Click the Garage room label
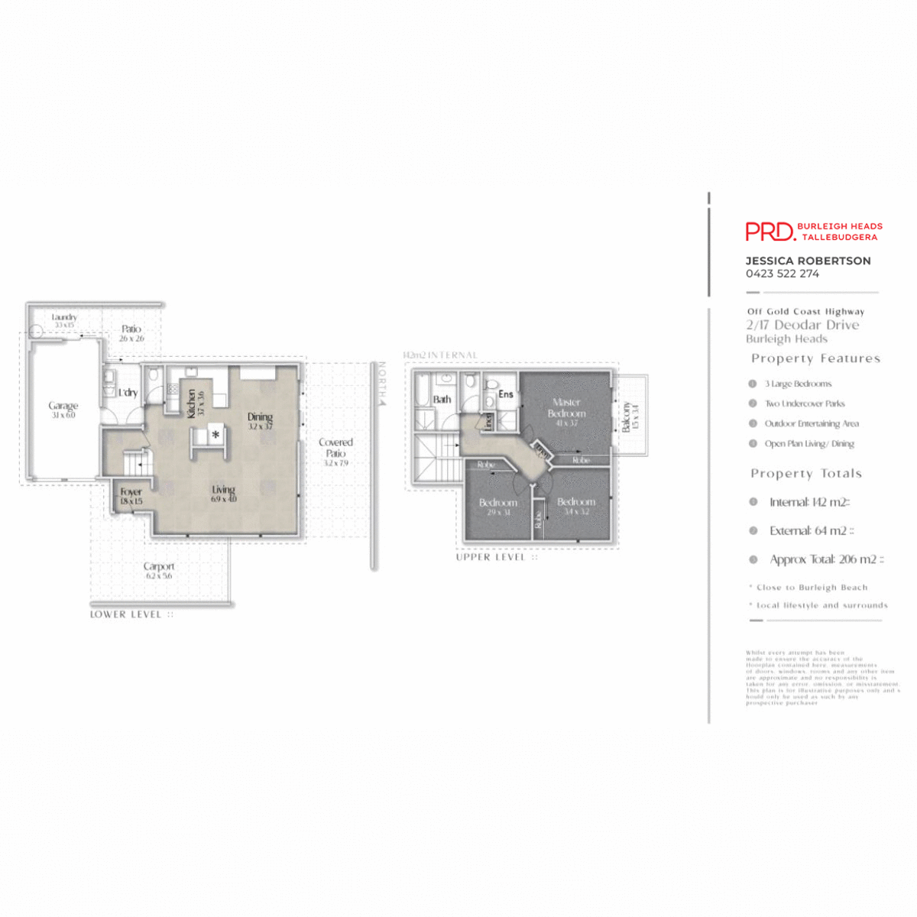click(x=63, y=407)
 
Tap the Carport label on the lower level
click(x=159, y=567)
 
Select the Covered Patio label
click(x=335, y=448)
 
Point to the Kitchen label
click(x=192, y=403)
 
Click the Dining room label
click(x=260, y=417)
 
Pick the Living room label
click(x=224, y=490)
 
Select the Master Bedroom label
click(x=566, y=407)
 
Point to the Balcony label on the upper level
click(x=627, y=416)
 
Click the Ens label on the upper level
click(x=506, y=394)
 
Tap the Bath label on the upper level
click(x=442, y=399)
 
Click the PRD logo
click(x=770, y=232)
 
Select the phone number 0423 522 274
click(x=783, y=274)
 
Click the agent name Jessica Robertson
click(x=808, y=261)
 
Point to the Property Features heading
click(x=815, y=358)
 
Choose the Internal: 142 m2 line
click(x=809, y=502)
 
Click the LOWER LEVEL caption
click(x=126, y=614)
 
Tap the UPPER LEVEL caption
click(x=491, y=557)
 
